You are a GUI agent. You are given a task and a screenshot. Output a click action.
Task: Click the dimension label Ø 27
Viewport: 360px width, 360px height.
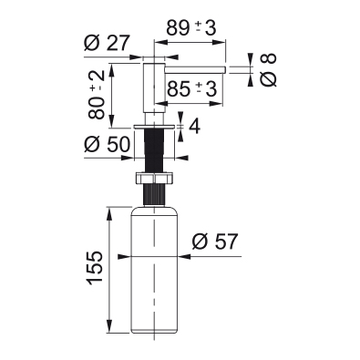point(107,43)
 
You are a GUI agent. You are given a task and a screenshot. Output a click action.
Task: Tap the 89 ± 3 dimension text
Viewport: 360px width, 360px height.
point(191,28)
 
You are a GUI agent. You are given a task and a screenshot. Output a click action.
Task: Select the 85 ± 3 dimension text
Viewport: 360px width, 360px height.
point(192,89)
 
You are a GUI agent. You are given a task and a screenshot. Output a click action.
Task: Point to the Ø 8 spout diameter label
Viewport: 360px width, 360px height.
point(268,70)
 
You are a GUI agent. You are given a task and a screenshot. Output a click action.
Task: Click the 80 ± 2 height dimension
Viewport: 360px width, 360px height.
point(97,95)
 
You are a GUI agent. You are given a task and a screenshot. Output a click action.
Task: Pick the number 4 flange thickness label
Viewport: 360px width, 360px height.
point(194,126)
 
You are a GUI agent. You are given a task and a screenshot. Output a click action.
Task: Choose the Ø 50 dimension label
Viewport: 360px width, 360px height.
point(107,144)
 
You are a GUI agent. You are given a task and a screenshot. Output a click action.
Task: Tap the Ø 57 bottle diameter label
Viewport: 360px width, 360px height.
point(215,242)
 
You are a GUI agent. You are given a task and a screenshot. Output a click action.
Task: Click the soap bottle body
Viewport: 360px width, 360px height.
point(154,270)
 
